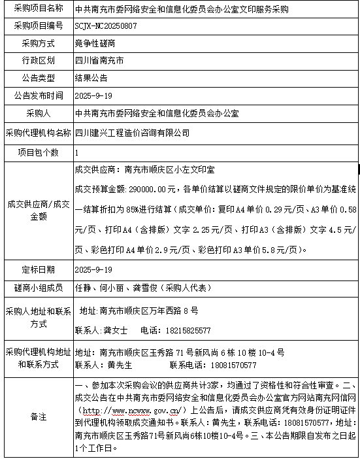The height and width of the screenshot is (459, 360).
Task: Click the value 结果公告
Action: point(91,78)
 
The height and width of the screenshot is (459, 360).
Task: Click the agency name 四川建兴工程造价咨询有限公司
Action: point(132,132)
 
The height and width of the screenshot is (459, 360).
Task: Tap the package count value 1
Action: point(77,152)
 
